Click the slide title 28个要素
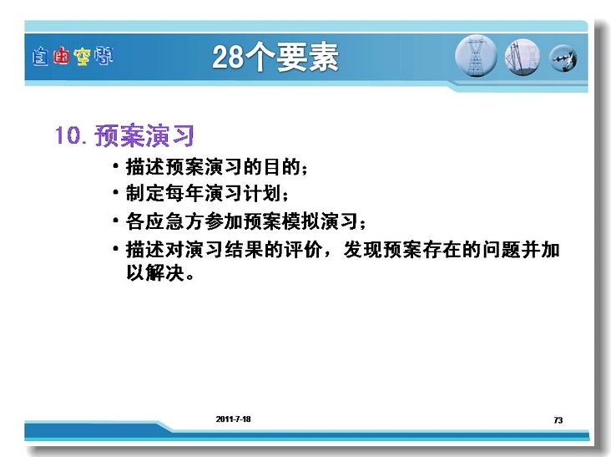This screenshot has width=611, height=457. click(x=275, y=58)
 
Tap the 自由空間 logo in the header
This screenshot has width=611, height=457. click(x=73, y=57)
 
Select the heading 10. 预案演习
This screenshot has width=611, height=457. click(x=124, y=135)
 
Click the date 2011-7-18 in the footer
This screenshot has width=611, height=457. click(x=234, y=419)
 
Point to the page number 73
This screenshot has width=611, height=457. click(x=558, y=420)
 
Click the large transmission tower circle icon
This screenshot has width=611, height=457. click(x=476, y=56)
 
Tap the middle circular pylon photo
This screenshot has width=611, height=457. click(x=523, y=58)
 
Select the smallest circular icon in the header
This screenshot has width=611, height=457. click(x=563, y=58)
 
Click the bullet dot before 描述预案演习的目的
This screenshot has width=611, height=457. click(x=115, y=165)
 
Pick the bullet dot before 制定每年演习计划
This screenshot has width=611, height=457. click(x=115, y=192)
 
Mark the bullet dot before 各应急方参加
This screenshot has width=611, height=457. click(x=115, y=221)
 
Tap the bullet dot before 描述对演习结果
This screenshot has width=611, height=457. click(x=115, y=248)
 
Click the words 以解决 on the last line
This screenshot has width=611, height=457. click(x=155, y=272)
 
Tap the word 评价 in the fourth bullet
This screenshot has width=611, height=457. click(x=303, y=250)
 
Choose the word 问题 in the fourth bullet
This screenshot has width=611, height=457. click(x=502, y=250)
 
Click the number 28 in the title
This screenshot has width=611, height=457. click(x=228, y=58)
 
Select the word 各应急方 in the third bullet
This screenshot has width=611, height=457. click(x=164, y=221)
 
